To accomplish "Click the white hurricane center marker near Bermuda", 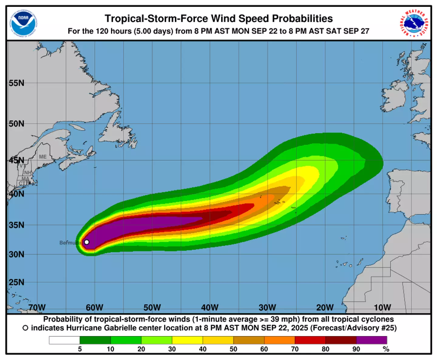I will click(x=86, y=242).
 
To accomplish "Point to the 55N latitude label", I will click(x=17, y=83).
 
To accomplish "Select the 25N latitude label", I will click(x=17, y=282).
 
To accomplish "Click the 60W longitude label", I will click(x=94, y=307).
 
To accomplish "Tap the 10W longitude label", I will click(x=382, y=307).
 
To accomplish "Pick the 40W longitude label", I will click(x=210, y=307).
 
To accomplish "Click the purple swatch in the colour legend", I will click(x=371, y=340).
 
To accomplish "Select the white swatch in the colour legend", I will click(x=64, y=340).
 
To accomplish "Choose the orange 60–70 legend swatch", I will click(x=279, y=340).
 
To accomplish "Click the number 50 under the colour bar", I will click(x=233, y=349).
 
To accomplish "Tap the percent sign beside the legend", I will click(x=386, y=349).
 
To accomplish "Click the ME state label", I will click(x=43, y=157).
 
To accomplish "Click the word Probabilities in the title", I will click(x=302, y=19).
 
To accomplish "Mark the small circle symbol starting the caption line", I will click(x=25, y=328).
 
